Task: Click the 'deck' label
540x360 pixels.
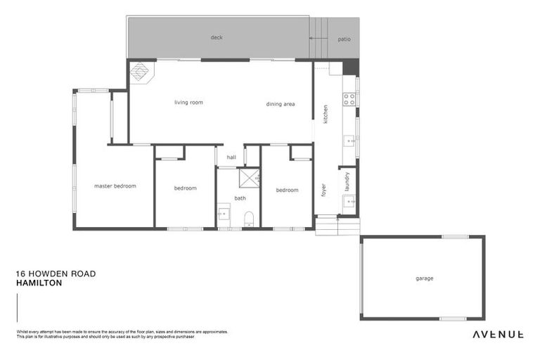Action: tap(217, 37)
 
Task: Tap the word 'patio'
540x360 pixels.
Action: tap(344, 39)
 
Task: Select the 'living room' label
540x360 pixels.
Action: tap(188, 103)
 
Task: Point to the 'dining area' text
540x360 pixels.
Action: tap(280, 104)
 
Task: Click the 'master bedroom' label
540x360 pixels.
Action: tap(115, 186)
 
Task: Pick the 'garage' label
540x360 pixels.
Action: tap(424, 278)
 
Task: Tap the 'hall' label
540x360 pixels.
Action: tap(231, 157)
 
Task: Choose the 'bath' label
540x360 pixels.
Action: tap(240, 198)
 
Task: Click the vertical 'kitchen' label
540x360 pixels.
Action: tap(326, 114)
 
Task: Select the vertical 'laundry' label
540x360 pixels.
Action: tap(347, 181)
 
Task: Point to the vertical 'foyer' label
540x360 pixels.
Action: tap(324, 188)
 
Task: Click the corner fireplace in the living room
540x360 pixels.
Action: tap(139, 72)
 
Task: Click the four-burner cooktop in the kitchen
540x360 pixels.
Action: tap(348, 99)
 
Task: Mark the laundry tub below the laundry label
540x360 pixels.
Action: tap(347, 204)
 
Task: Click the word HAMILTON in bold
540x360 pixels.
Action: tap(39, 283)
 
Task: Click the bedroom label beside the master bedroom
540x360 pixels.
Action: tap(186, 188)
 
